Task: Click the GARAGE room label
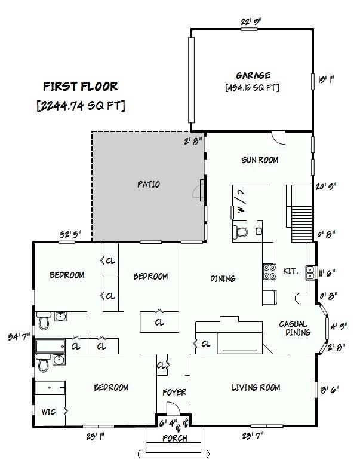click(x=253, y=75)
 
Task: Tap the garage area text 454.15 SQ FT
click(x=253, y=87)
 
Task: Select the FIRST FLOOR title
click(x=81, y=87)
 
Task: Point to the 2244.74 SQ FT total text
click(x=81, y=105)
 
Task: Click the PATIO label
click(x=148, y=185)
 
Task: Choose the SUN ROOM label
click(x=260, y=160)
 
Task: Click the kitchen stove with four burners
click(x=269, y=272)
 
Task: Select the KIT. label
click(x=290, y=271)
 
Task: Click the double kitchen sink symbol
click(x=310, y=273)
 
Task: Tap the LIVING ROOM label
click(x=256, y=388)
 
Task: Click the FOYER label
click(x=175, y=393)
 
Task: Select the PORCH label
click(x=175, y=439)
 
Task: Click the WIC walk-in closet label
click(x=48, y=412)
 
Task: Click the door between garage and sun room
click(x=278, y=136)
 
